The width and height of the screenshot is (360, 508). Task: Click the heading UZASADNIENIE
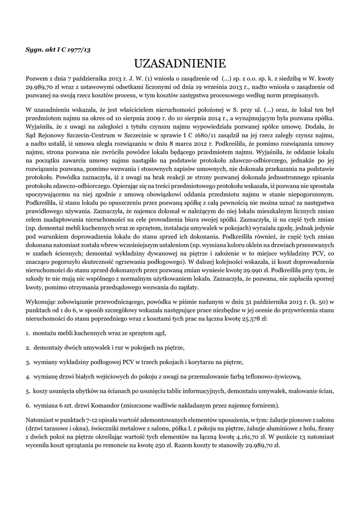click(x=180, y=64)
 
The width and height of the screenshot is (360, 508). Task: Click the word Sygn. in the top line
click(x=35, y=50)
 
